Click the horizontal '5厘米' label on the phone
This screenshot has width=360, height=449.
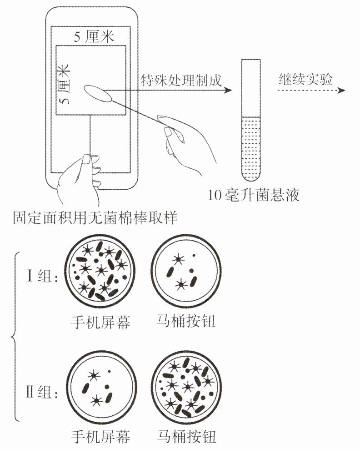(x=94, y=36)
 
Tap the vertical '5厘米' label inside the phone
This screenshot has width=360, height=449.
(x=64, y=84)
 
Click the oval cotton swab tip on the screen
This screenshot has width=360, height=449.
(x=98, y=93)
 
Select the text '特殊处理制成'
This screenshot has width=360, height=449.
(x=181, y=80)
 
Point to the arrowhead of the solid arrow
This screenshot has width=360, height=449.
(x=228, y=90)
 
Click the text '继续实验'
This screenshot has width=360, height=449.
(x=306, y=79)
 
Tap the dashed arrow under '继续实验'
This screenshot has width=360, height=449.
(x=311, y=91)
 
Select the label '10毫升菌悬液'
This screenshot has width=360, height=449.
(x=254, y=195)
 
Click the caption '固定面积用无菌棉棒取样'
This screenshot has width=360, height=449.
(x=95, y=217)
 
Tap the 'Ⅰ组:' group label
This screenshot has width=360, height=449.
(x=42, y=276)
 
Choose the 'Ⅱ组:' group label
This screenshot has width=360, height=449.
(x=42, y=392)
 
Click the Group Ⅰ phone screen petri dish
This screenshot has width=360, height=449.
(x=100, y=271)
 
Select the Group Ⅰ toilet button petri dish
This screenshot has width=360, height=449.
(x=186, y=271)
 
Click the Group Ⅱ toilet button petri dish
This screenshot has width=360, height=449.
(x=186, y=386)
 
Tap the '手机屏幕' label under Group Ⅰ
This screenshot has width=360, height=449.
(x=100, y=322)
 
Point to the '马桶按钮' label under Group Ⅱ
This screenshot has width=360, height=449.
(x=186, y=437)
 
